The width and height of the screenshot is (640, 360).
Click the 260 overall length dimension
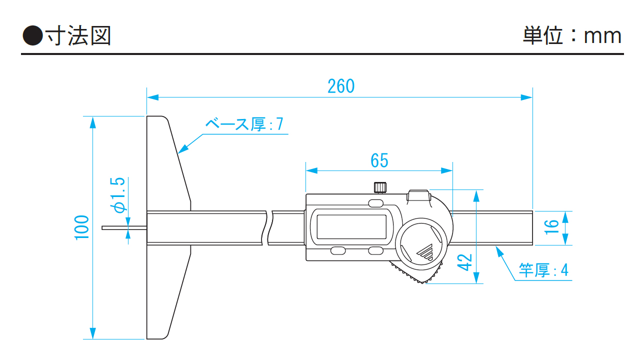pyautogui.click(x=340, y=86)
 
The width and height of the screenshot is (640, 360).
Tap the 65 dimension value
pyautogui.click(x=379, y=160)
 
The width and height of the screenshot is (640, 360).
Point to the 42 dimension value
pyautogui.click(x=465, y=262)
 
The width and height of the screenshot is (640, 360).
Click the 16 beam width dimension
pyautogui.click(x=551, y=227)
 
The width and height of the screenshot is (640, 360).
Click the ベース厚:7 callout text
pyautogui.click(x=244, y=124)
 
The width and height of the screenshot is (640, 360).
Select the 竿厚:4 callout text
pyautogui.click(x=543, y=270)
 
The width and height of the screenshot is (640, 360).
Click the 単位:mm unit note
pyautogui.click(x=572, y=36)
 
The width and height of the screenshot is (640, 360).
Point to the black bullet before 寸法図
pyautogui.click(x=33, y=36)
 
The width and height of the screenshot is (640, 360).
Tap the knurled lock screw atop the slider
pyautogui.click(x=379, y=187)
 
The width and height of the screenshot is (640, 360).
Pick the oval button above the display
pyautogui.click(x=375, y=203)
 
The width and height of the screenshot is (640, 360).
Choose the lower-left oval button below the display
pyautogui.click(x=337, y=250)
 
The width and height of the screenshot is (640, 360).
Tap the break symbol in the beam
pyautogui.click(x=267, y=227)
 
